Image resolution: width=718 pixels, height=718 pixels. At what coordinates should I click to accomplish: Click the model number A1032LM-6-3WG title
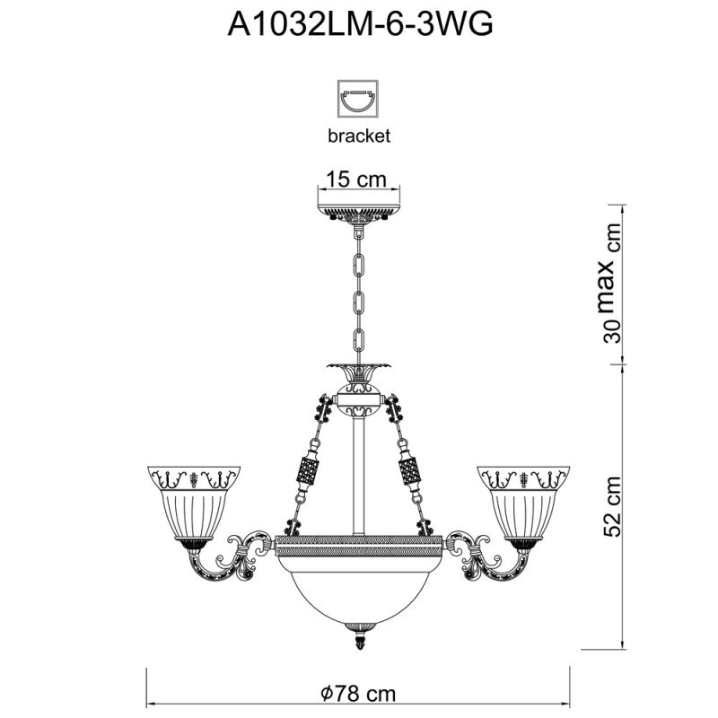(x=359, y=24)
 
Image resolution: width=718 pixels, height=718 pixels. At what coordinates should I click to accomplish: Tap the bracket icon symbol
(x=358, y=98)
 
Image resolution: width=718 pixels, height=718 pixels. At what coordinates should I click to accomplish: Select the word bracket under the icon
(x=358, y=136)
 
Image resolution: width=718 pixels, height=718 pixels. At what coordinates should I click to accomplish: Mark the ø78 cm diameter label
(x=358, y=694)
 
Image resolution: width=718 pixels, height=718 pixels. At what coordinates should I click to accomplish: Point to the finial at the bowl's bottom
(x=359, y=640)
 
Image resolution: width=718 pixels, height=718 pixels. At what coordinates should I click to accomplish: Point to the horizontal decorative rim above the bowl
(x=359, y=542)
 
